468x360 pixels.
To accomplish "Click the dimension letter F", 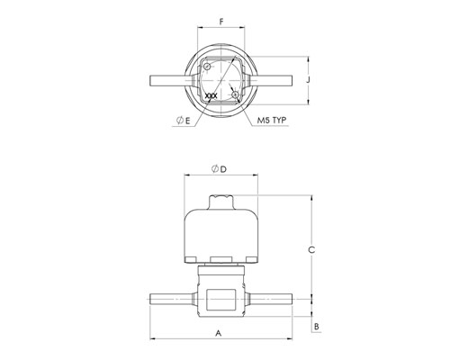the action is click(x=221, y=22).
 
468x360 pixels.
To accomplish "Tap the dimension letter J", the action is click(x=308, y=80).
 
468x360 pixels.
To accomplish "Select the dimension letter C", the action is click(x=311, y=249).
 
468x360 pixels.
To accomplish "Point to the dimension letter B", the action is click(x=317, y=327).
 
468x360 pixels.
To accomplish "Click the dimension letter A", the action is click(x=219, y=333).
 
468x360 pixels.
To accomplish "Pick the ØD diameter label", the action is click(x=219, y=169).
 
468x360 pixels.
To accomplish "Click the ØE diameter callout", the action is click(x=184, y=121).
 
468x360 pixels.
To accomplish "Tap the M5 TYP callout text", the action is click(x=272, y=121).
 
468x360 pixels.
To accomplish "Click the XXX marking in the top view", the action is click(x=211, y=96).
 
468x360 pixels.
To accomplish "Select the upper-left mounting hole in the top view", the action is click(x=207, y=67).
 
